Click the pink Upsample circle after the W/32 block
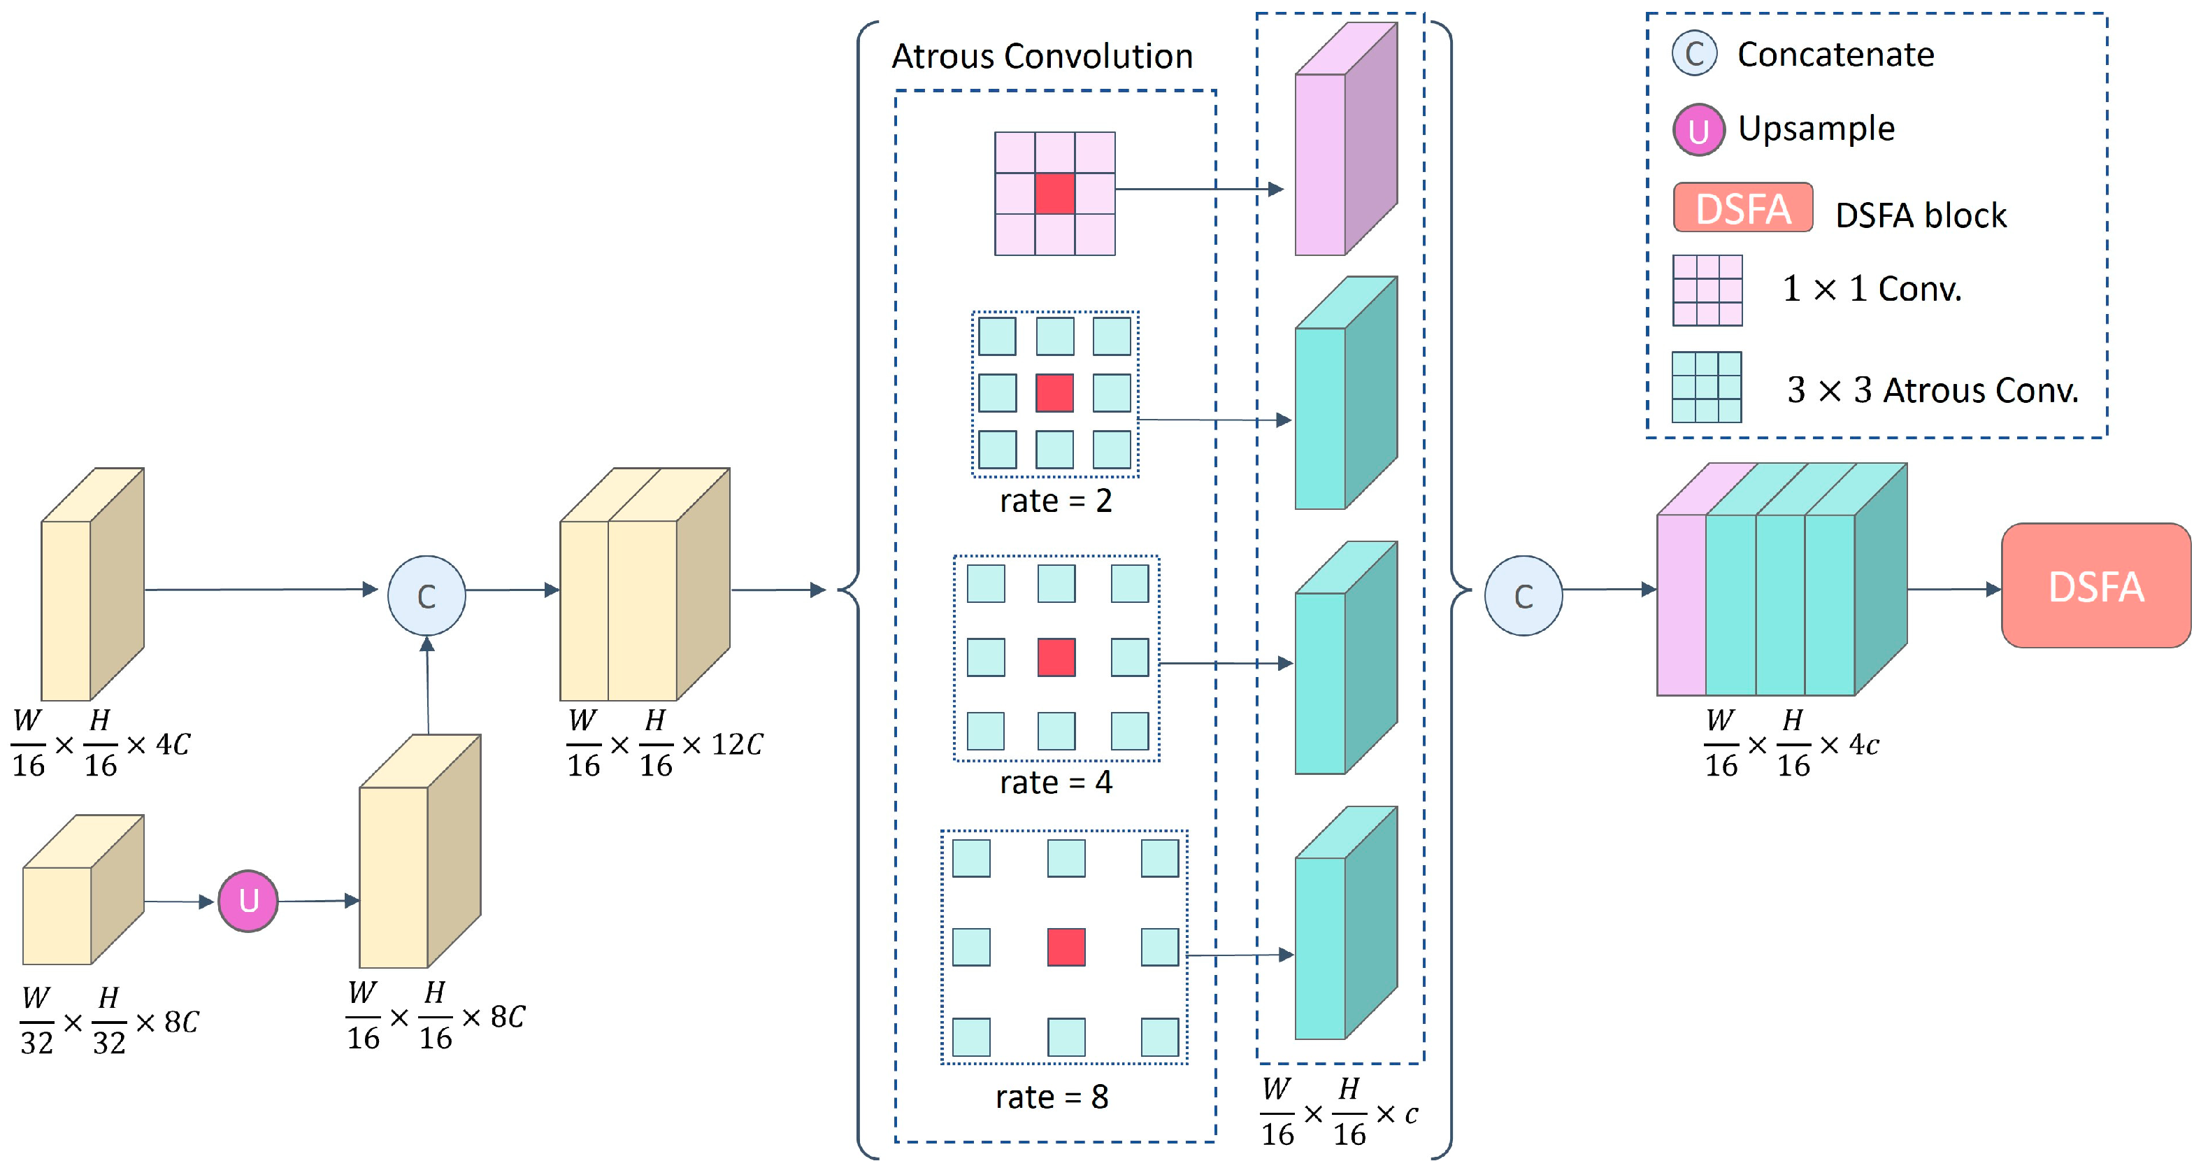coord(248,901)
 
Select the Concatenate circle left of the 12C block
coord(426,596)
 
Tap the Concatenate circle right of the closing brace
coord(1524,596)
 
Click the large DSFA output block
coord(2095,586)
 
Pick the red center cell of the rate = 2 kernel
coord(1054,393)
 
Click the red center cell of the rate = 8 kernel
coord(1066,947)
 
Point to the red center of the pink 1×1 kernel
coord(1054,193)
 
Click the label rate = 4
coord(1056,782)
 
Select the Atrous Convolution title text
coord(1042,57)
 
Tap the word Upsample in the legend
coord(1816,129)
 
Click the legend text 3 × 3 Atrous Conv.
coord(1932,390)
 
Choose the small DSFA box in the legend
coord(1742,208)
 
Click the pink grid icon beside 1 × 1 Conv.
coord(1706,290)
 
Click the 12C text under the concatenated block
coord(736,744)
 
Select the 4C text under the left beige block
coord(172,744)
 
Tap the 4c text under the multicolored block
coord(1863,744)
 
